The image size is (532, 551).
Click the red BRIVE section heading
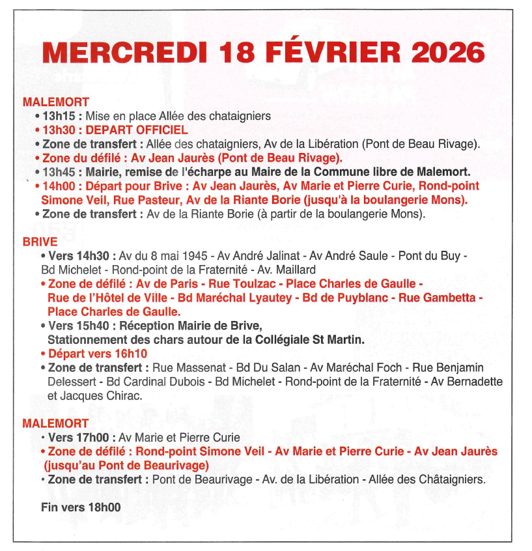40,242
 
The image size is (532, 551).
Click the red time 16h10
131,354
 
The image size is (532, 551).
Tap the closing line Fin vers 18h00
81,507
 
